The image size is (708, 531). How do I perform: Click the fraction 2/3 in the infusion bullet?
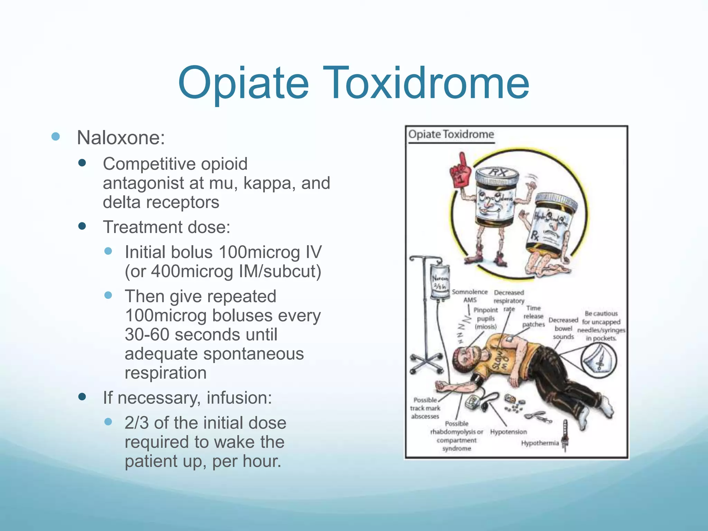coord(137,423)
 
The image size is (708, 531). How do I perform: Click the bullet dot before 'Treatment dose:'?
coord(82,226)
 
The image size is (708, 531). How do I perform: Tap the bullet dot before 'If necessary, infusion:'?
coord(82,397)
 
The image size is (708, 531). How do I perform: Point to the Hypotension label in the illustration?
coord(508,432)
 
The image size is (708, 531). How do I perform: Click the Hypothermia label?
coord(540,443)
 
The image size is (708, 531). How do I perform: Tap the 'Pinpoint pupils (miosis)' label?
coord(485,318)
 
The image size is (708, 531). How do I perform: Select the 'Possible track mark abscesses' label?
coord(425,408)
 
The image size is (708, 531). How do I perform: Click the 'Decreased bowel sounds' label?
coord(563,328)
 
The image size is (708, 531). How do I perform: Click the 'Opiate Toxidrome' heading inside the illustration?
coord(451,134)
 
